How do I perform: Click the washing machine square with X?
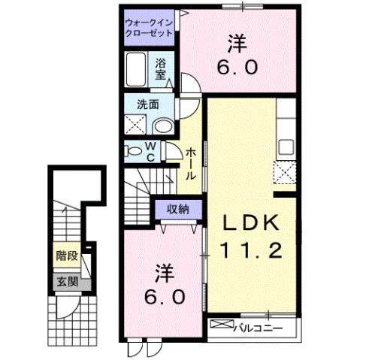(136, 126)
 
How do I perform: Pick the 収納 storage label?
(178, 209)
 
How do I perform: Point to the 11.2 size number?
(251, 250)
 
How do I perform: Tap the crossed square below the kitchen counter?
(286, 172)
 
